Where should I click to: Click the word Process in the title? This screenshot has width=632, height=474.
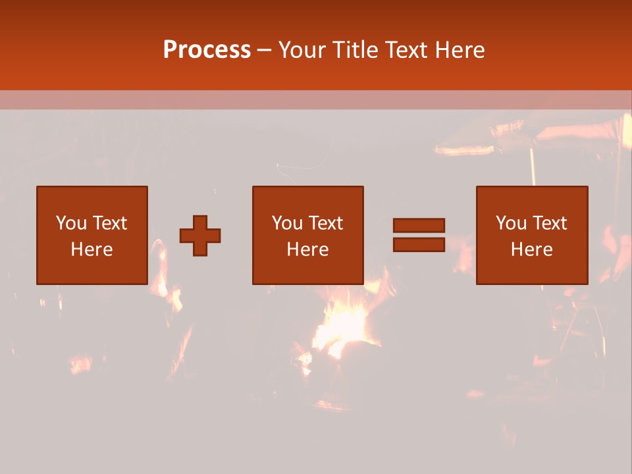tap(207, 50)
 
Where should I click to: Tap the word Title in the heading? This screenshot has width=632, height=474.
tap(355, 50)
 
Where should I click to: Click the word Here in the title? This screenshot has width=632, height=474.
tap(461, 50)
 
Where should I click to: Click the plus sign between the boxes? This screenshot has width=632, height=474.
tap(200, 236)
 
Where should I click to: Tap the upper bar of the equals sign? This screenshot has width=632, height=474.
tap(419, 225)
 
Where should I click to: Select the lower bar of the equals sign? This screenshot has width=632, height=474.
tap(419, 244)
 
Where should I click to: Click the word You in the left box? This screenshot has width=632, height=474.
tap(71, 223)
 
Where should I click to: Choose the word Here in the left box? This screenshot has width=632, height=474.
tap(92, 250)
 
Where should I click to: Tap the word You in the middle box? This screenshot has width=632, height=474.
tap(287, 223)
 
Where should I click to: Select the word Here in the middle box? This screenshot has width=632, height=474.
tap(307, 250)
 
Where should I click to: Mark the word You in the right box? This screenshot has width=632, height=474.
tap(511, 223)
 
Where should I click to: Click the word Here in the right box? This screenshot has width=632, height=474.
tap(531, 250)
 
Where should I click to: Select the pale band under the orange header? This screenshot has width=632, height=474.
tap(316, 100)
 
